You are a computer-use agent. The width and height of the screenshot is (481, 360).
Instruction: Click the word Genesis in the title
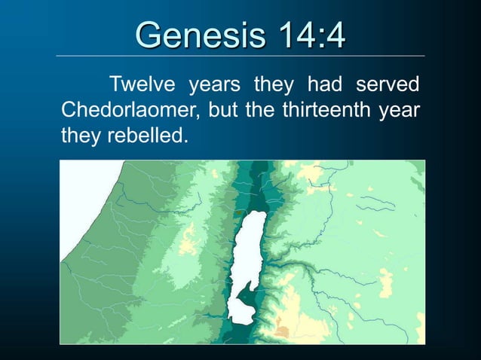coord(195,35)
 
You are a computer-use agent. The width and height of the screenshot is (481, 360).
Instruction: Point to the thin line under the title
coord(240,56)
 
